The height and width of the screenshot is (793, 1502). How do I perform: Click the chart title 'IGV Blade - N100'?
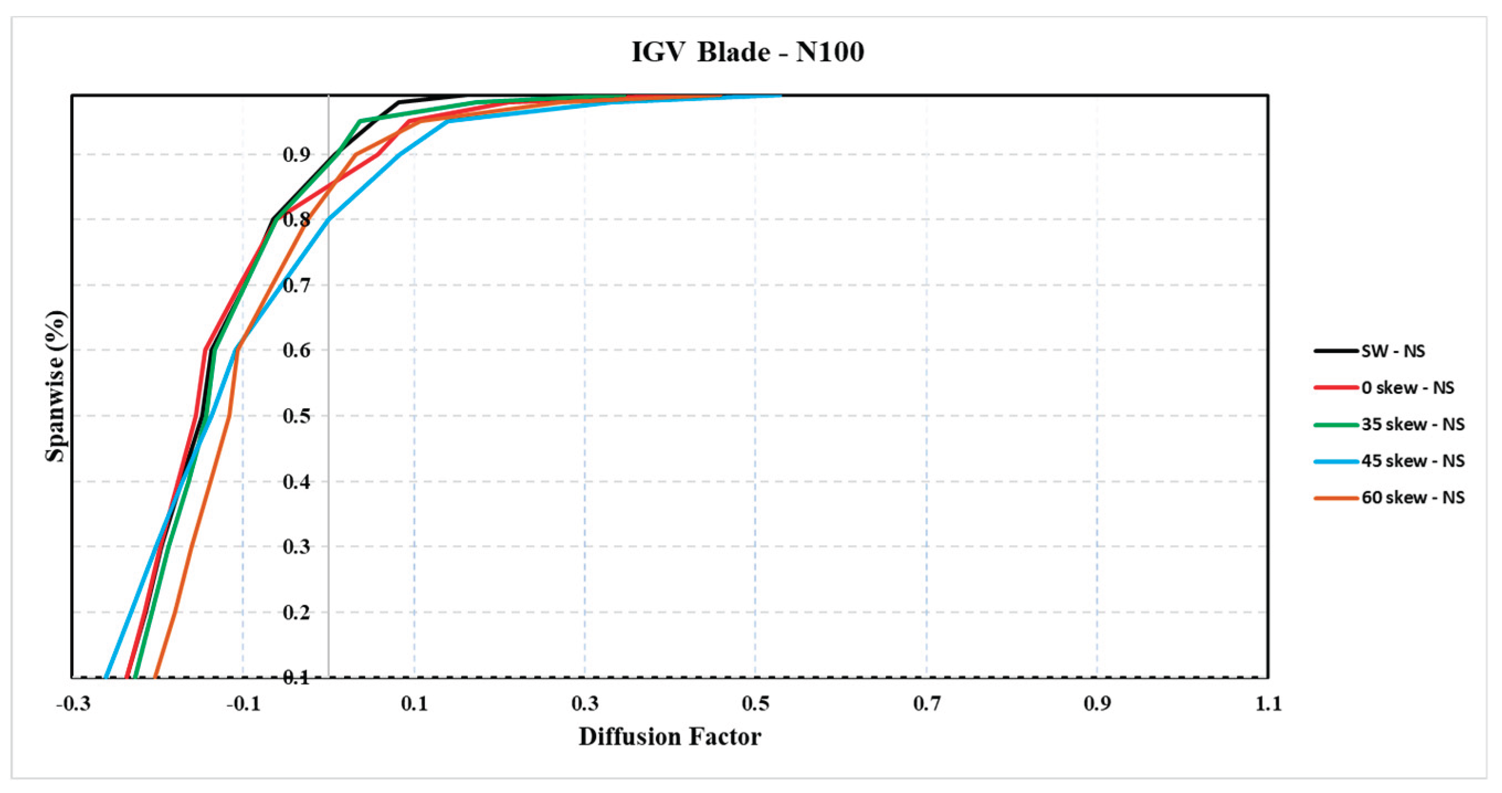[x=747, y=52]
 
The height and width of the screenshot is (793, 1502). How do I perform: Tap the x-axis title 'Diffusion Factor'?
[x=670, y=737]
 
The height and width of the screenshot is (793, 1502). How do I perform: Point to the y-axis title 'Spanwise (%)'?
[x=56, y=386]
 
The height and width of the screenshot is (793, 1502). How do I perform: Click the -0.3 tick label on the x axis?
[x=73, y=704]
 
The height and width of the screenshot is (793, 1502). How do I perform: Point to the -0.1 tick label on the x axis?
[x=243, y=704]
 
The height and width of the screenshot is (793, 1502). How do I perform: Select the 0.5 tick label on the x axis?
[x=756, y=704]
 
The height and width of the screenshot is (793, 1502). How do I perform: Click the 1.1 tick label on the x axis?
[x=1268, y=704]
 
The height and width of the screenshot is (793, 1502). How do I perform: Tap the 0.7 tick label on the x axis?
[x=926, y=704]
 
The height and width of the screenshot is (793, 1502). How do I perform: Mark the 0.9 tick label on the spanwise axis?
[x=296, y=155]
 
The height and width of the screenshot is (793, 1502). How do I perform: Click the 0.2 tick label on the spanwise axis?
[x=296, y=612]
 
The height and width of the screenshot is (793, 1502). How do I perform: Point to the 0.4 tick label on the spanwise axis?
[x=296, y=482]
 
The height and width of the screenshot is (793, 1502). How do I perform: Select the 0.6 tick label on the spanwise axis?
[x=296, y=351]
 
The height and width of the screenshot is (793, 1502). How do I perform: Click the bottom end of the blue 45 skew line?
[x=106, y=678]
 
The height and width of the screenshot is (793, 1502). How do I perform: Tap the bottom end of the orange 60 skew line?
[x=155, y=678]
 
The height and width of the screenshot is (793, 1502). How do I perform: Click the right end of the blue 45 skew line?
[x=780, y=95]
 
